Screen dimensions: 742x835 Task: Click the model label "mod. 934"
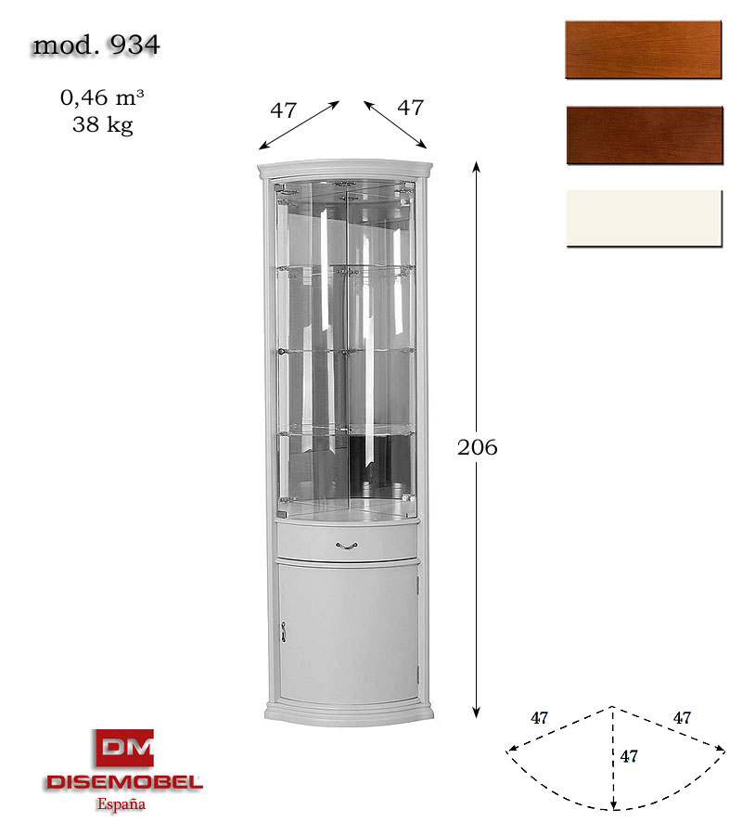[96, 45]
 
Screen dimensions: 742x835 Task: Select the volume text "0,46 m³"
[102, 97]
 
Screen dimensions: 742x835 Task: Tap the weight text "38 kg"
[103, 125]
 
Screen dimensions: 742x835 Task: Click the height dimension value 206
[478, 447]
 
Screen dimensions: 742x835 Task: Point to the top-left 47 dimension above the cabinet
[283, 110]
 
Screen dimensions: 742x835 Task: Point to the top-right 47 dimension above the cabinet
[410, 108]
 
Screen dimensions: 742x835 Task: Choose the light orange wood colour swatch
[644, 50]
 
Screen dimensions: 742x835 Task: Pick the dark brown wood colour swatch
[645, 135]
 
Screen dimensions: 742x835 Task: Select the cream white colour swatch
[644, 218]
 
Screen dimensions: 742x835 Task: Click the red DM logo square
[125, 748]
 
